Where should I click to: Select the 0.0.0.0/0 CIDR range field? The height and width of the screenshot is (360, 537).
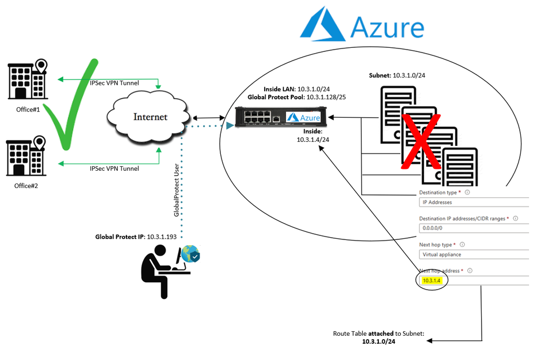[x=473, y=228]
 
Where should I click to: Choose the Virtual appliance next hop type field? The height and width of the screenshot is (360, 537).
[x=473, y=254]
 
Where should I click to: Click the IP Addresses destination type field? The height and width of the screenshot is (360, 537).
[x=473, y=202]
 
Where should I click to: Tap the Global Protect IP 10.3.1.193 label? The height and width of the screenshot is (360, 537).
[x=138, y=237]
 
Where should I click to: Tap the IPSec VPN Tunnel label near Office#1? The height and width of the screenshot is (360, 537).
[x=114, y=84]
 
